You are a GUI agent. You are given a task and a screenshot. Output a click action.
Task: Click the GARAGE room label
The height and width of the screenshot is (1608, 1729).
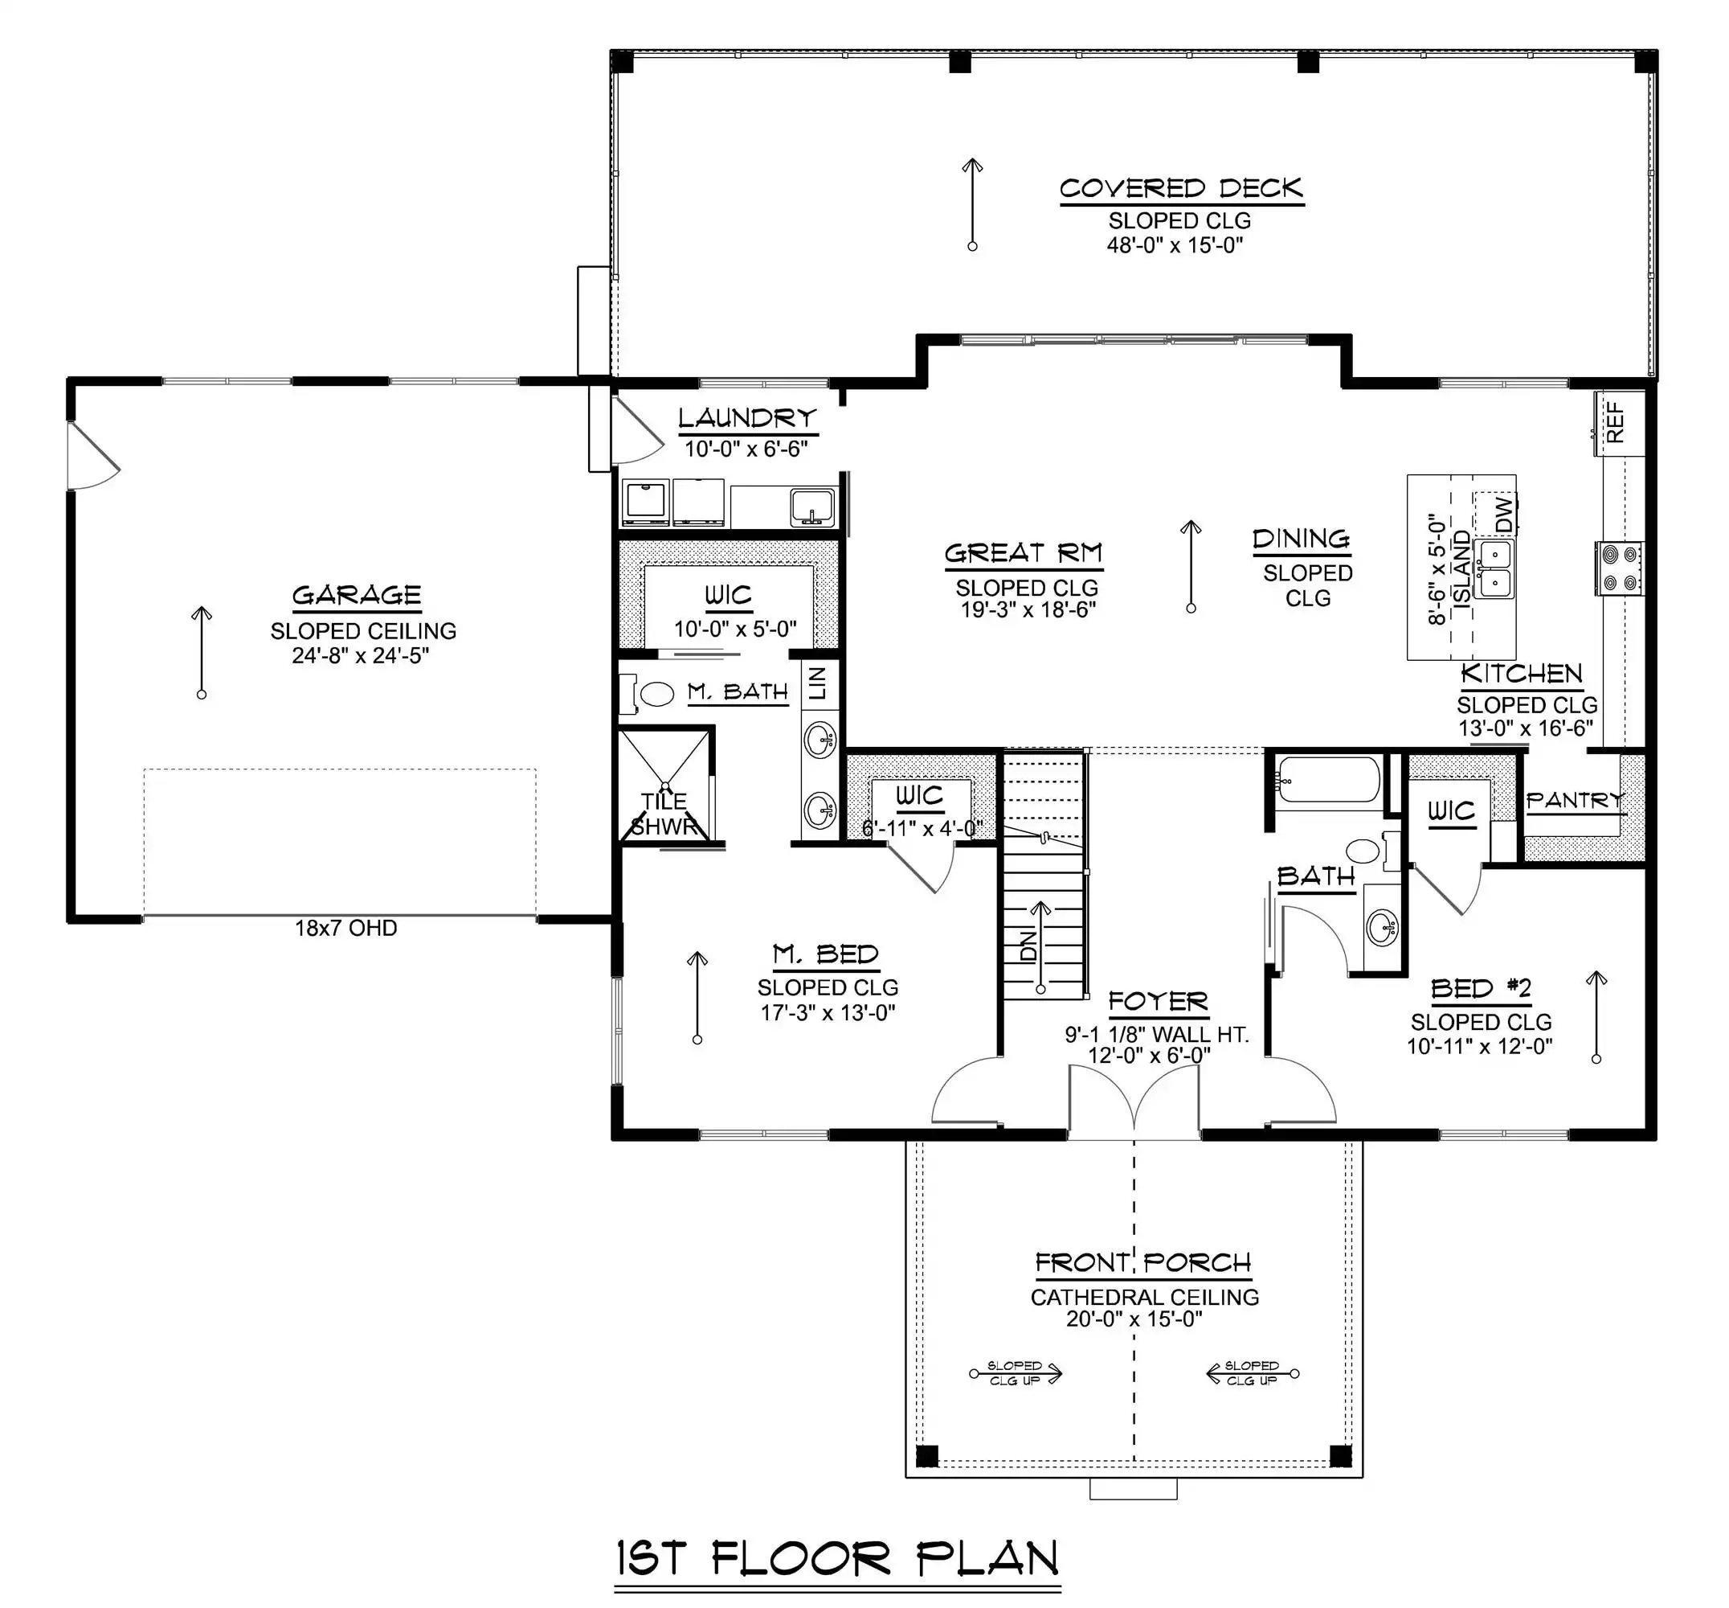(357, 595)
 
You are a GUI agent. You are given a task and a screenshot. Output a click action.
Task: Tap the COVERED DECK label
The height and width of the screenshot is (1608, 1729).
(1181, 188)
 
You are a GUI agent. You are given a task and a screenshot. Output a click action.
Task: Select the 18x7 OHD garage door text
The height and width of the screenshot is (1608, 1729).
(346, 929)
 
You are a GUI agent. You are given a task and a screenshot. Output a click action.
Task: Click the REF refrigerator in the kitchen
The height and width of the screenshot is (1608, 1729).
(1619, 423)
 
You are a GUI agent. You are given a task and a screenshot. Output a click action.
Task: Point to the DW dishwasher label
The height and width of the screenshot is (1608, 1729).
(1505, 514)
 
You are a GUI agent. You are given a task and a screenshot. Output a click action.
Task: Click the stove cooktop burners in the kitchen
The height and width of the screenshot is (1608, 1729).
(1619, 568)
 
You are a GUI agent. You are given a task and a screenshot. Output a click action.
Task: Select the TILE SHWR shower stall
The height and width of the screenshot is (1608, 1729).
(664, 786)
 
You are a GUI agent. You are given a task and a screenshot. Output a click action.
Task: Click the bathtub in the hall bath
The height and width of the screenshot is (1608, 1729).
(1328, 780)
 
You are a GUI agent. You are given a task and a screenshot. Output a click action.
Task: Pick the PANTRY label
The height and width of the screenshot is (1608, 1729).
(1575, 800)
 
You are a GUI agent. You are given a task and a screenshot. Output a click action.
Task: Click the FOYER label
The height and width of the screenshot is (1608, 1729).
(1159, 1003)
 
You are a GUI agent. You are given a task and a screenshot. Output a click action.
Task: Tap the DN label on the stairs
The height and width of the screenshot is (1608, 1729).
(1029, 946)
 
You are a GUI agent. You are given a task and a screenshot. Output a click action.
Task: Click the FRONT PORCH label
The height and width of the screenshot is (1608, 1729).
(1142, 1262)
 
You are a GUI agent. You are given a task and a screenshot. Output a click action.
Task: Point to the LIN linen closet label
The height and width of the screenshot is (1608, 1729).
(818, 683)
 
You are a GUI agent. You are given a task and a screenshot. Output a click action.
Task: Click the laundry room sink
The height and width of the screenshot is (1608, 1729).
(811, 507)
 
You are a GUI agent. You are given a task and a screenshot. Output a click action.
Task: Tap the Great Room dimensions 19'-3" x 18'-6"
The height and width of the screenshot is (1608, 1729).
(1027, 610)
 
